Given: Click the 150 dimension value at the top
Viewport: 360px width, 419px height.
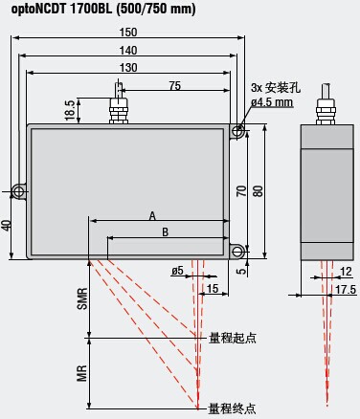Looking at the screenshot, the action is [x=128, y=33].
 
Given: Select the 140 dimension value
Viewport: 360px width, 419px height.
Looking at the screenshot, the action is [x=128, y=51].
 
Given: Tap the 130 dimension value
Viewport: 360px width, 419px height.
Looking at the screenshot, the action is [x=128, y=68].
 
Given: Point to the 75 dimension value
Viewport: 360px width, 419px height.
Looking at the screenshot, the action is [x=175, y=86].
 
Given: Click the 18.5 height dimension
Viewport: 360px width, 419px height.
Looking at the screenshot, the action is [x=70, y=110].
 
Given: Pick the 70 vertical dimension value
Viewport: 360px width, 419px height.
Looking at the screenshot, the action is [x=242, y=190].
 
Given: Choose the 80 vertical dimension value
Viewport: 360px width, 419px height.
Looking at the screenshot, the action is [x=259, y=190].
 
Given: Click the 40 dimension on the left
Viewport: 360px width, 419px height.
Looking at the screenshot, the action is [x=7, y=225].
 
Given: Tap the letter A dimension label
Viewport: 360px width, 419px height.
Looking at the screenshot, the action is [x=152, y=216].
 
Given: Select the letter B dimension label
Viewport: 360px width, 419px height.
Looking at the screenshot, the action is [x=165, y=232].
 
